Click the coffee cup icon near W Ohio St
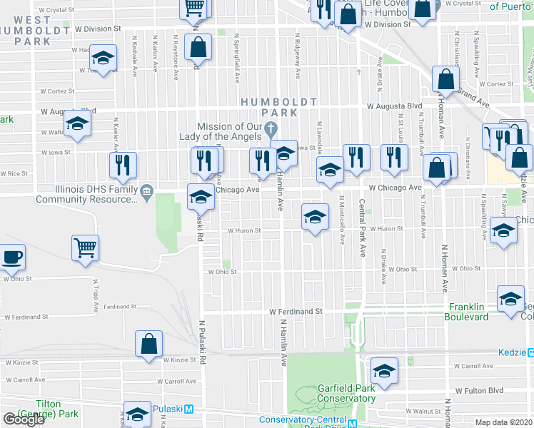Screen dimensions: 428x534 coord(11,258)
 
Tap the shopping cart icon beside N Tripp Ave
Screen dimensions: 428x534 coord(85,248)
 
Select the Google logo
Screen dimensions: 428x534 coord(24,419)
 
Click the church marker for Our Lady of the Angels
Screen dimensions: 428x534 coord(270,130)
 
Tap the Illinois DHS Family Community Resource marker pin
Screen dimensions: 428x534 coord(146,190)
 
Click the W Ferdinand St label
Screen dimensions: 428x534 coord(296,312)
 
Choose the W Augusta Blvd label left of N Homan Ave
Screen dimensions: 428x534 coord(394,106)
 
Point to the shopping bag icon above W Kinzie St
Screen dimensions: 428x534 coord(148,344)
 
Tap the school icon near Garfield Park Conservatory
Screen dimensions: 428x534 coord(384,371)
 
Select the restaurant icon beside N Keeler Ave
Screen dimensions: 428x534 coord(123,165)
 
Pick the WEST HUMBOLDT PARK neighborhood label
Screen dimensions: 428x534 coord(32,30)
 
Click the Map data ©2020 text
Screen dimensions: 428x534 coord(503,422)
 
